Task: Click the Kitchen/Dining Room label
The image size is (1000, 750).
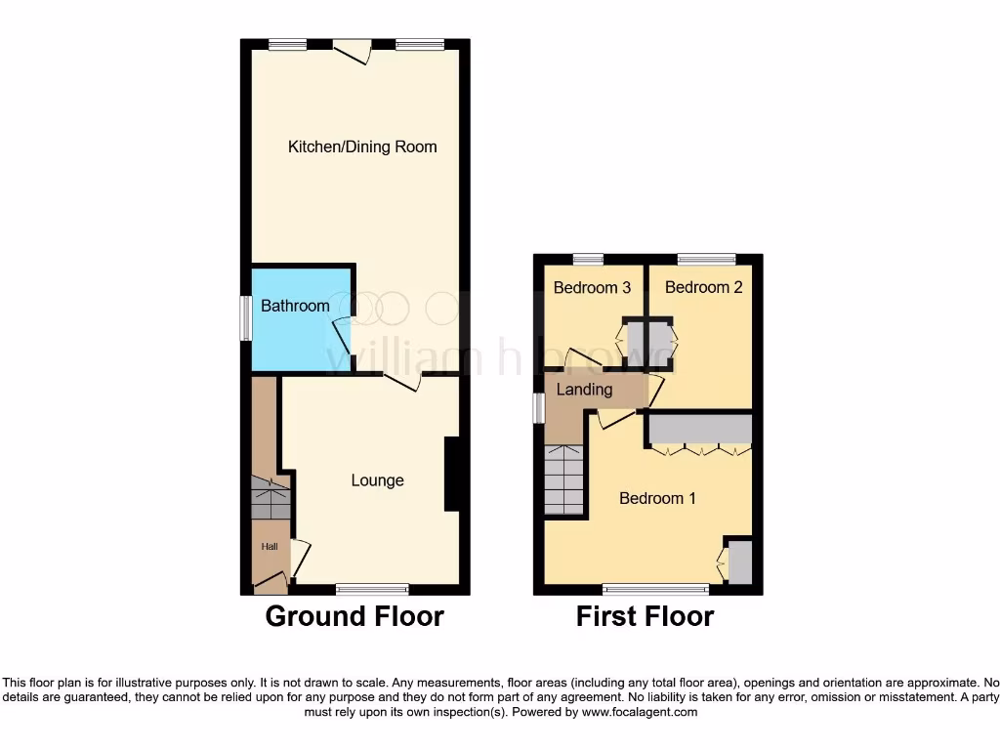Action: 362,146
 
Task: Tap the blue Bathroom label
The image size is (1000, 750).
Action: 295,306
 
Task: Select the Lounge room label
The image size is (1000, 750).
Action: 378,480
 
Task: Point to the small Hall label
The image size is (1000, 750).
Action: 269,547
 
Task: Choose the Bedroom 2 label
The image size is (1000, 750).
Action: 697,287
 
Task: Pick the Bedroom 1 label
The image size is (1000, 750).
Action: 657,498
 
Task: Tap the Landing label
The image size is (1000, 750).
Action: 584,390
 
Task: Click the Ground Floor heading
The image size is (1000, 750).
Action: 354,617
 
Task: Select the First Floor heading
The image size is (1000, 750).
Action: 645,617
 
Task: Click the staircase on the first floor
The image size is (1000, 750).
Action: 563,479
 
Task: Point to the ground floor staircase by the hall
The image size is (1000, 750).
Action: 271,498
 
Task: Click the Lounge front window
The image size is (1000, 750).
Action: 372,589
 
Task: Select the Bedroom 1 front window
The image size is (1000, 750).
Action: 655,589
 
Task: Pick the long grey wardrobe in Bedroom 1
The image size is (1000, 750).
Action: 699,429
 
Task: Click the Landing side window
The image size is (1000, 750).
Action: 538,408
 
